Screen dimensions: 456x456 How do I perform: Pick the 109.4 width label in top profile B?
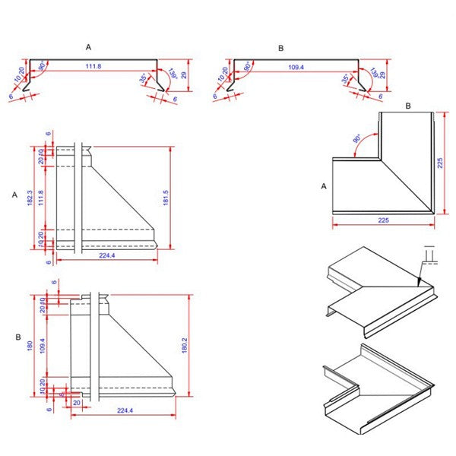click(x=297, y=68)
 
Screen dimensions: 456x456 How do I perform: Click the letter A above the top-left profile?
click(x=89, y=47)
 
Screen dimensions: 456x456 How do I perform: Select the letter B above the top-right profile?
click(x=280, y=48)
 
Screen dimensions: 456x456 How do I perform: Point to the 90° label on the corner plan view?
click(x=358, y=140)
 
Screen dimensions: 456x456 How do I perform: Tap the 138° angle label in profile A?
click(x=171, y=74)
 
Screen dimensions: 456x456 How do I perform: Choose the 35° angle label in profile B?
click(x=346, y=78)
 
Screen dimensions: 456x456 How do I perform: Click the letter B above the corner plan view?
click(x=407, y=106)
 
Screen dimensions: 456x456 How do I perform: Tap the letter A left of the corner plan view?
click(x=325, y=185)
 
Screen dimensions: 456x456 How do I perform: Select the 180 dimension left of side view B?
click(x=31, y=346)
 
